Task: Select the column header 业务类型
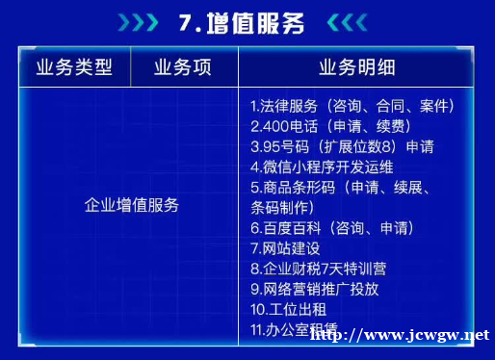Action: click(73, 67)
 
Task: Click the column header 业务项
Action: click(182, 67)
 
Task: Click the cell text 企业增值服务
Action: click(131, 205)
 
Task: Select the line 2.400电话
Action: click(325, 126)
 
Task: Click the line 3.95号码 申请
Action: click(341, 146)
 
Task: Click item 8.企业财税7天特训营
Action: click(319, 269)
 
